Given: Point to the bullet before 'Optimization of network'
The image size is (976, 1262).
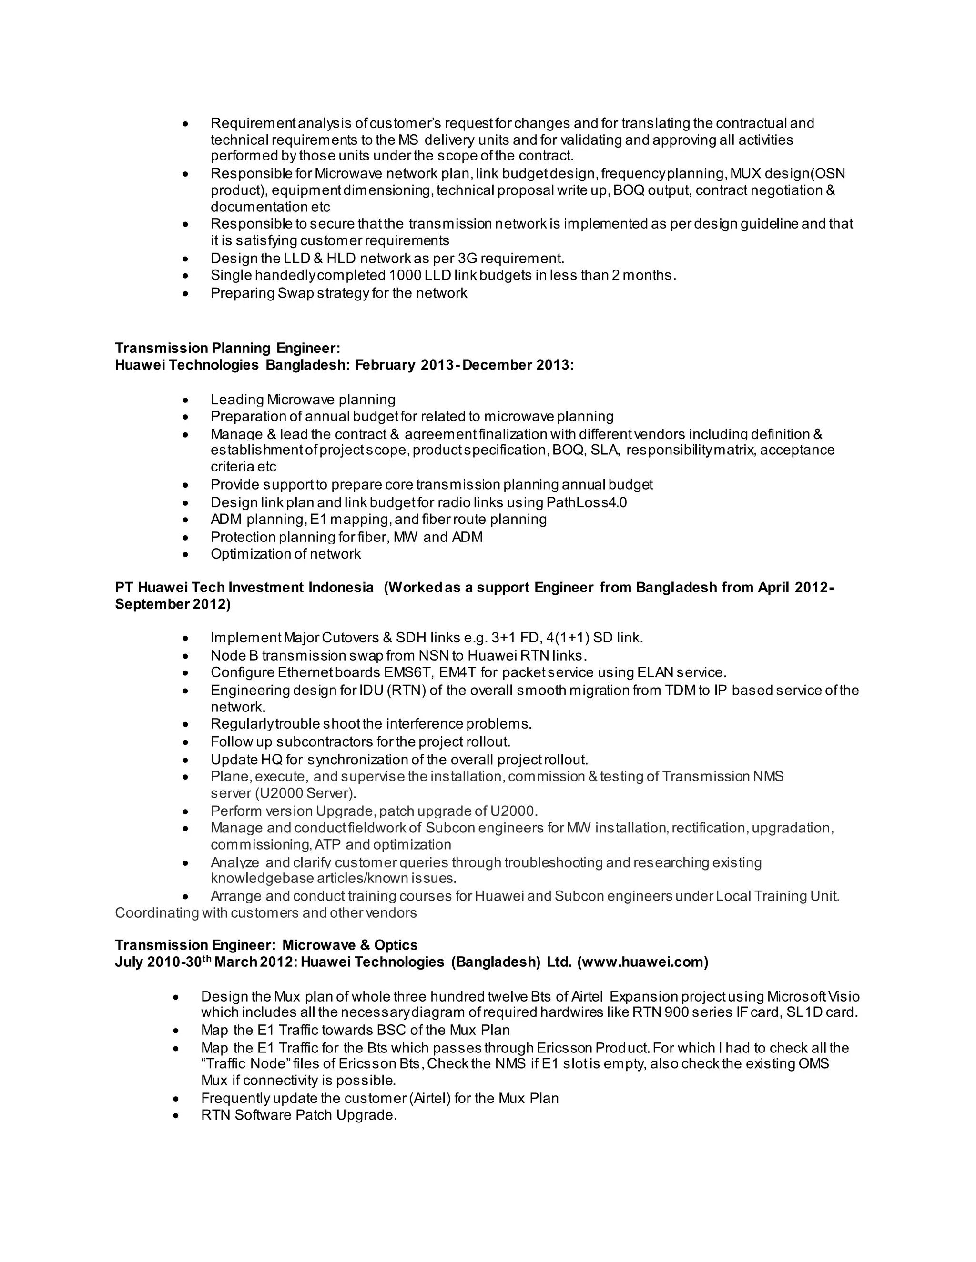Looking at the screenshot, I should tap(185, 555).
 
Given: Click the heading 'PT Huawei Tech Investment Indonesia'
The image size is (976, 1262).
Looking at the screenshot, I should tap(244, 587).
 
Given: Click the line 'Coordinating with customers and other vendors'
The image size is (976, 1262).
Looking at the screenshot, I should tap(265, 912).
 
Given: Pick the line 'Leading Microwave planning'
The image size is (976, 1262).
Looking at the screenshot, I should tap(303, 399).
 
